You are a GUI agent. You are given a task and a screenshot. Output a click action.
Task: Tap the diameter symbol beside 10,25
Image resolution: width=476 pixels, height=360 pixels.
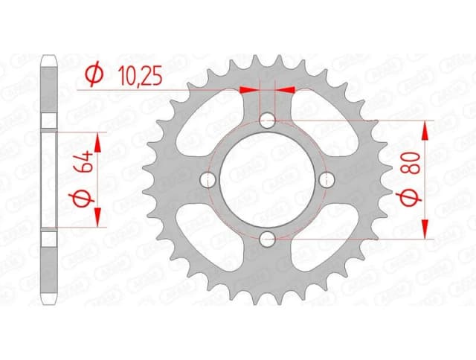click(x=94, y=74)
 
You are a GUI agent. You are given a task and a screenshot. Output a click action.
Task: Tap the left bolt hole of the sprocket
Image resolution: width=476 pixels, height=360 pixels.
click(x=208, y=179)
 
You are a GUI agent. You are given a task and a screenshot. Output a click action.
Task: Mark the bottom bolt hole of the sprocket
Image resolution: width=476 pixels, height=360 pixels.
click(x=267, y=238)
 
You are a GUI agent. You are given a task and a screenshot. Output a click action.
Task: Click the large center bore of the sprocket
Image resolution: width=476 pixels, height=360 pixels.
click(x=267, y=179)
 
